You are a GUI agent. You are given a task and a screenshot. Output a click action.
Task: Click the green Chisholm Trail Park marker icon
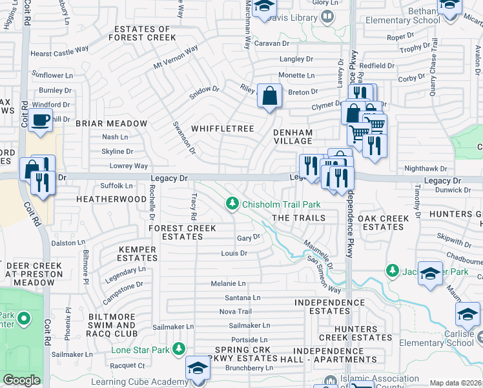[x=232, y=204]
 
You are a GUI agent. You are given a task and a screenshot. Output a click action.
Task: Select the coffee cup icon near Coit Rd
[x=41, y=120]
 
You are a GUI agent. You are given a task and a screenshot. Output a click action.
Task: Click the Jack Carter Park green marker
[x=391, y=269]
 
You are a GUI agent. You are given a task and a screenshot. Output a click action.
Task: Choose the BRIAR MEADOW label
[x=112, y=123]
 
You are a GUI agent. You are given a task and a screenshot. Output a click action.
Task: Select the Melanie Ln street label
[x=228, y=283]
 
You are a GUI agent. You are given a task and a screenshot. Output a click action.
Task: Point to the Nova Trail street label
[x=235, y=311]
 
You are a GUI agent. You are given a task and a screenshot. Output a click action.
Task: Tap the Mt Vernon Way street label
[x=176, y=59]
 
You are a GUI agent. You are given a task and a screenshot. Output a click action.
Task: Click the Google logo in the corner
[x=21, y=380]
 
